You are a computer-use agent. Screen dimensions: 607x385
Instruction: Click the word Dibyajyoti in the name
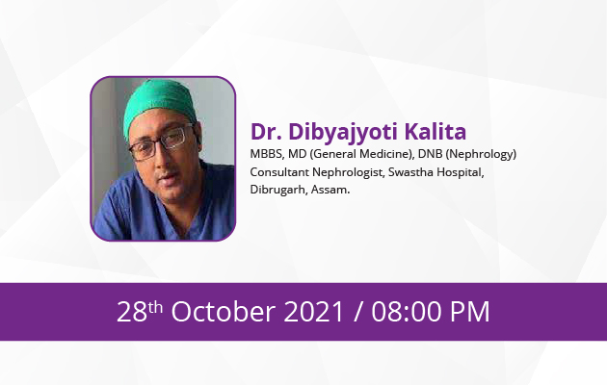pyautogui.click(x=343, y=133)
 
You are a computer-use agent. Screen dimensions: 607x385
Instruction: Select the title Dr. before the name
pyautogui.click(x=266, y=132)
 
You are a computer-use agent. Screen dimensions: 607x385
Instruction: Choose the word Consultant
pyautogui.click(x=279, y=172)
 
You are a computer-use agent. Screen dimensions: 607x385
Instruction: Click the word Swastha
pyautogui.click(x=410, y=172)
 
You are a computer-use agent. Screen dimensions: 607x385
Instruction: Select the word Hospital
pyautogui.click(x=461, y=173)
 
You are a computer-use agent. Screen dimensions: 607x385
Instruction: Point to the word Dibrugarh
pyautogui.click(x=278, y=191)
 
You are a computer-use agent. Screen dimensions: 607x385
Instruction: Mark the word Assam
pyautogui.click(x=330, y=190)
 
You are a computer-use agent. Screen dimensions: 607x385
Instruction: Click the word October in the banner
pyautogui.click(x=224, y=312)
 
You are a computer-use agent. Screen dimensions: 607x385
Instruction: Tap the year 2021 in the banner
pyautogui.click(x=314, y=312)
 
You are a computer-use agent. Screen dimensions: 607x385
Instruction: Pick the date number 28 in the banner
pyautogui.click(x=132, y=312)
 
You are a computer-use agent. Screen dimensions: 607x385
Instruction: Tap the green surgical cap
pyautogui.click(x=160, y=104)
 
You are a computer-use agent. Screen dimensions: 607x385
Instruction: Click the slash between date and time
pyautogui.click(x=358, y=312)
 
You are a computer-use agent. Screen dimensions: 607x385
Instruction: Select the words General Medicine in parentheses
pyautogui.click(x=361, y=155)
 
